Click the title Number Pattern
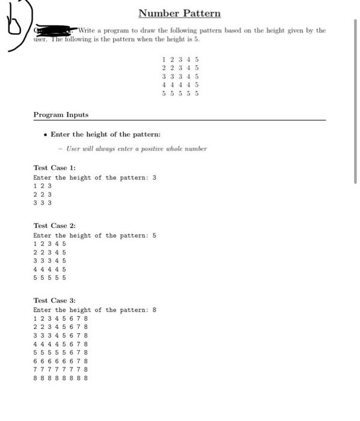179,13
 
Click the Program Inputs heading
61,114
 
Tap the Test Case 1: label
54,168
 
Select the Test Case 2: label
54,226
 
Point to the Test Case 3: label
54,300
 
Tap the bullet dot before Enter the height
46,135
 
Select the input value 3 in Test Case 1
154,178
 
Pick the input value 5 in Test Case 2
154,236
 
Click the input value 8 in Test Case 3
154,310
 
